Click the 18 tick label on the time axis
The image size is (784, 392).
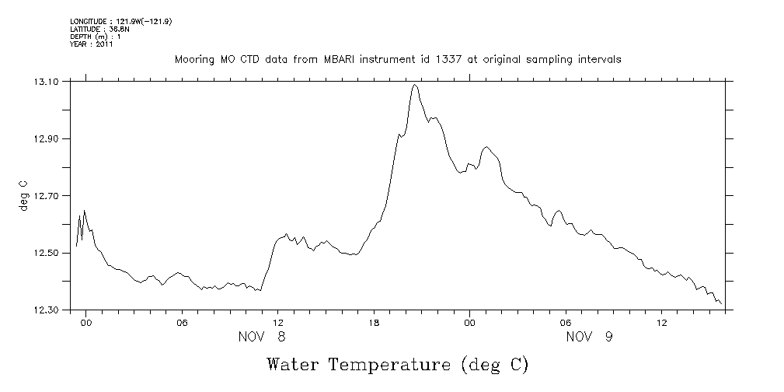pyautogui.click(x=374, y=323)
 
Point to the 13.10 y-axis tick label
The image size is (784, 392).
pyautogui.click(x=49, y=82)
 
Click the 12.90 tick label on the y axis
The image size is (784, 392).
pyautogui.click(x=49, y=139)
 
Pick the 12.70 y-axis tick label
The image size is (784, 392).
pyautogui.click(x=49, y=196)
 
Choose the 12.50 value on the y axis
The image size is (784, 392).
pyautogui.click(x=49, y=254)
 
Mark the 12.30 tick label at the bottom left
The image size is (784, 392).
pyautogui.click(x=49, y=310)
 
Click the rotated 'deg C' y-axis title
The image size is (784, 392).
pyautogui.click(x=23, y=196)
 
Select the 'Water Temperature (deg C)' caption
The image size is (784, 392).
pyautogui.click(x=397, y=364)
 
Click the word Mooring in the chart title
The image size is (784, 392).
pyautogui.click(x=193, y=59)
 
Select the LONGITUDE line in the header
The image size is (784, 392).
pyautogui.click(x=120, y=22)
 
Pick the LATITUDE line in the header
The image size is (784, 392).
pyautogui.click(x=99, y=30)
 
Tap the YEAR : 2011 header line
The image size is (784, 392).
pyautogui.click(x=92, y=44)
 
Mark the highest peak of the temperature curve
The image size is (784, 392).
pyautogui.click(x=415, y=85)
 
